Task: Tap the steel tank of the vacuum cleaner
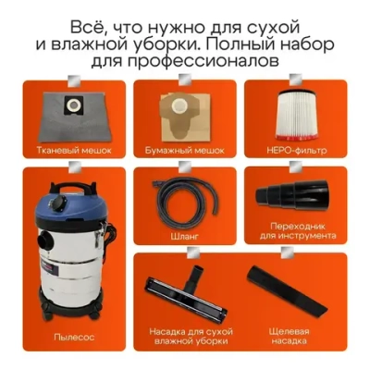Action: [x=73, y=268]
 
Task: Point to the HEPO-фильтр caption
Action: [x=295, y=149]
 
